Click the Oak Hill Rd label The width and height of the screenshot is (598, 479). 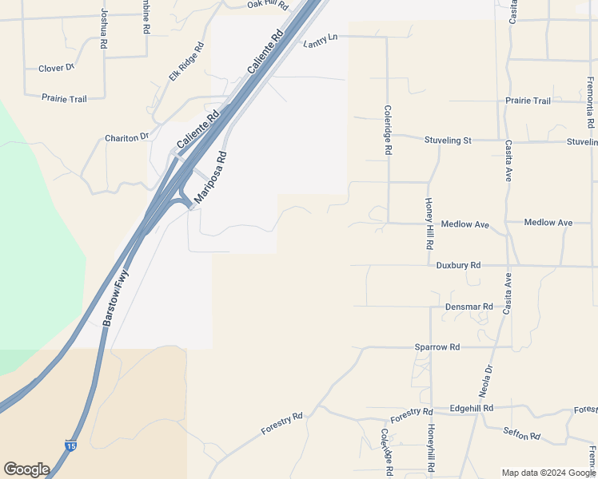(267, 5)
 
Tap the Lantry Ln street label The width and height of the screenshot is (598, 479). (321, 41)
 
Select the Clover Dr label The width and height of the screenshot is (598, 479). (56, 69)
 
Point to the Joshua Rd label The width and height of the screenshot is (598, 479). (103, 30)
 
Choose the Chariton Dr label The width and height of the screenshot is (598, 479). (127, 138)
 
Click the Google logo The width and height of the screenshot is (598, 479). (26, 469)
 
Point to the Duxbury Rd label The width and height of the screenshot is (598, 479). (458, 265)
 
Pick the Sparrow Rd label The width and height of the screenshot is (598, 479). (437, 347)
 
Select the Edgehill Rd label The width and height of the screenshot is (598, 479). (471, 408)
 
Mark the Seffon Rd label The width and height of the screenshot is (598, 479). (522, 435)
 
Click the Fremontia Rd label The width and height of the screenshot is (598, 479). (590, 103)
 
